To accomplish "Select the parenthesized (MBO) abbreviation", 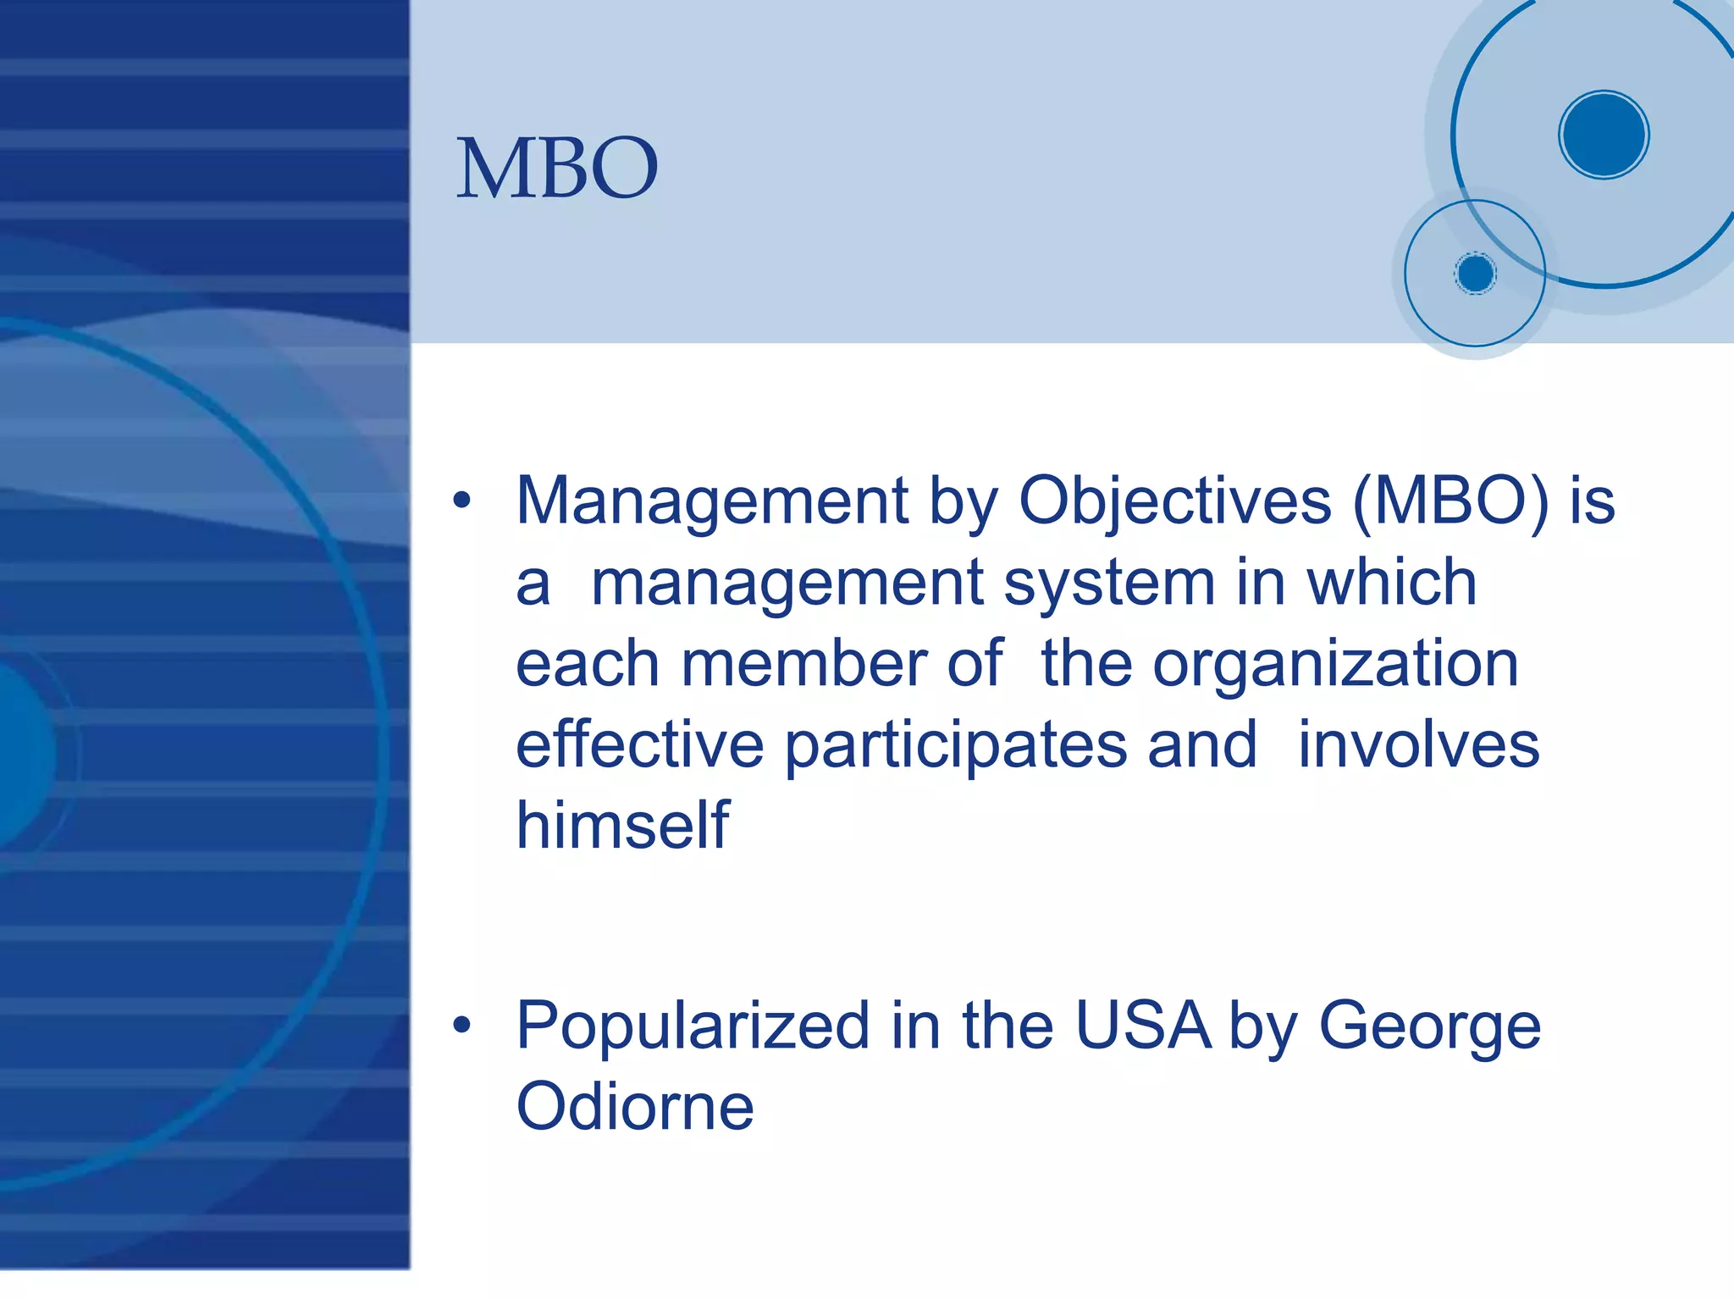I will coord(1450,501).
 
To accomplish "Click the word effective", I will coord(639,744).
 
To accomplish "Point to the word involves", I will coord(1418,744).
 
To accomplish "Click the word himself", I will coord(622,825).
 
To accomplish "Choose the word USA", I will coord(1142,1026).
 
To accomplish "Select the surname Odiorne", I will coord(634,1107).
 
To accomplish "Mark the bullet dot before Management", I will coord(461,501).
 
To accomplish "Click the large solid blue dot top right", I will coord(1603,135).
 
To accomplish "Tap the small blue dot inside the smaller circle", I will coord(1475,274).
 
